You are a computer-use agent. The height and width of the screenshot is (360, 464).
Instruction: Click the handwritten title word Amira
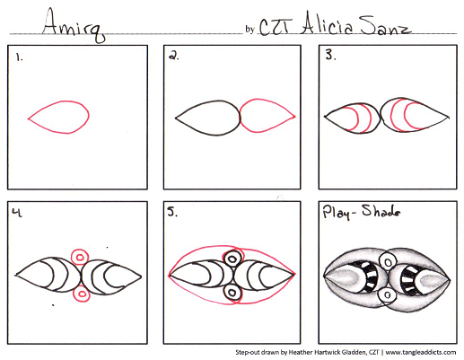pos(74,25)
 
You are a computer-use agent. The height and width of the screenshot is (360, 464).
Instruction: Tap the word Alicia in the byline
pos(327,23)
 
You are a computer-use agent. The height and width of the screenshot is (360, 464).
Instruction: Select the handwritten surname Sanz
pos(385,25)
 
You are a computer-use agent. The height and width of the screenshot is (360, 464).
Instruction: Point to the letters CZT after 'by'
pos(274,28)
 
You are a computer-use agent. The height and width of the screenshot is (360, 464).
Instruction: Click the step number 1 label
pos(20,57)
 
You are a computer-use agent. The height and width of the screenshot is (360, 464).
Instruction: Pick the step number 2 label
pos(174,56)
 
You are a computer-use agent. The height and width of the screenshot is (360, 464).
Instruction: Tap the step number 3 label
pos(330,55)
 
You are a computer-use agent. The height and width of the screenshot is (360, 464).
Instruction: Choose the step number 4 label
pos(17,212)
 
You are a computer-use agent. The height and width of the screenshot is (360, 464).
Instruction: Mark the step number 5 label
pos(172,212)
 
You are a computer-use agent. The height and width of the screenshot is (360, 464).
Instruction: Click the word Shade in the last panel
pos(381,211)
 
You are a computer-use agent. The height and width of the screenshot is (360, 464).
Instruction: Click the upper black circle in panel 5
pos(232,259)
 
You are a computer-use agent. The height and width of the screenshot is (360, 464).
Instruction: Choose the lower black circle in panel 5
pos(232,292)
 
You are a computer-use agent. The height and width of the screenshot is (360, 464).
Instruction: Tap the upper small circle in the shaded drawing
pos(388,262)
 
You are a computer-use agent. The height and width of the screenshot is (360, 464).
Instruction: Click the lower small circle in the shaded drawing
pos(387,295)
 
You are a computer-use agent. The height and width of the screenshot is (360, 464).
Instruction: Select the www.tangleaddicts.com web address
pos(421,352)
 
